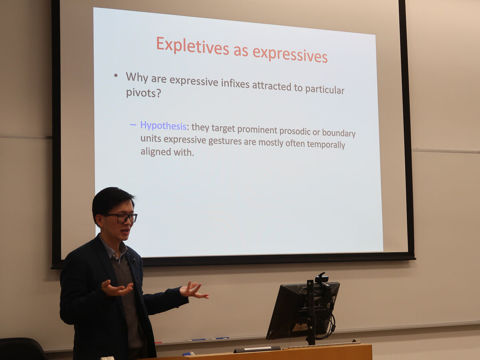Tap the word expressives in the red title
coord(290,55)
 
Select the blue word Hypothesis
coord(163,126)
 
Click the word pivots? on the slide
coord(144,93)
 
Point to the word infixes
coord(235,83)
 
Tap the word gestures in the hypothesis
coord(225,141)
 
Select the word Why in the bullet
coord(137,77)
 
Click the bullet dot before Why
coord(116,76)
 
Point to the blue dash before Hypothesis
coord(133,125)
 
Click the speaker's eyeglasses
coord(122,218)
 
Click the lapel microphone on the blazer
coord(133,260)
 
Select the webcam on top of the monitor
coord(322,278)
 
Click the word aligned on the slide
coord(156,152)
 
